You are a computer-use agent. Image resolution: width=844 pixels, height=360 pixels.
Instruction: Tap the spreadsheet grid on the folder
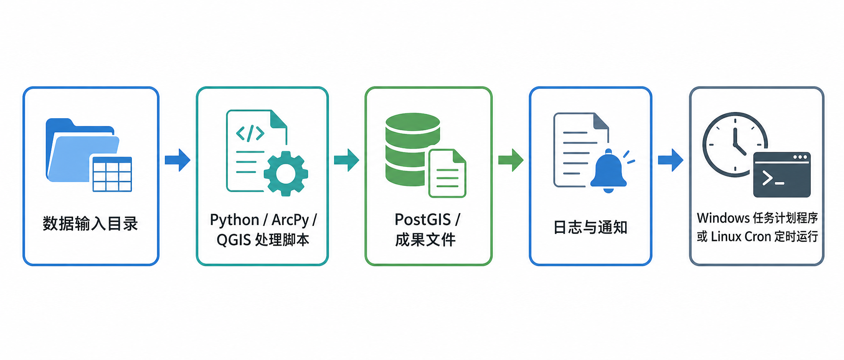(112, 174)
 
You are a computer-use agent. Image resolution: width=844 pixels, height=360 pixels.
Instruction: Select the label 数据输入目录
(91, 224)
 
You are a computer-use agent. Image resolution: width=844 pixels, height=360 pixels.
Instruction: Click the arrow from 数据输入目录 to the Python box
(178, 160)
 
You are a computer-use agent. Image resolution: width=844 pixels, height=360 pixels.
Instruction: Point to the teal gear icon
(286, 174)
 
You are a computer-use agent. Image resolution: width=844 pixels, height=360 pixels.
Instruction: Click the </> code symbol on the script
(250, 133)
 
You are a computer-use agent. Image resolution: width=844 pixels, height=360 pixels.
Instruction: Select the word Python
(234, 220)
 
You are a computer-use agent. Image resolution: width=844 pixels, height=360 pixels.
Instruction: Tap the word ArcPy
(291, 220)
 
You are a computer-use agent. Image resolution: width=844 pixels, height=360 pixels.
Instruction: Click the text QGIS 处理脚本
(263, 240)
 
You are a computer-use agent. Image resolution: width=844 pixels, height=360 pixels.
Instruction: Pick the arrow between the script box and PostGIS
(347, 160)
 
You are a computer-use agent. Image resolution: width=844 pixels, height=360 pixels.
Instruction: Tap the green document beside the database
(447, 173)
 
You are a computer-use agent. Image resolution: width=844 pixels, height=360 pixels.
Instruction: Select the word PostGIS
(423, 219)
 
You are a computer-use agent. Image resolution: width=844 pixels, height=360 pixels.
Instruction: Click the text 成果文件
(426, 240)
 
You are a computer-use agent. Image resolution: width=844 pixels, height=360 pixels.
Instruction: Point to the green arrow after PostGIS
(511, 160)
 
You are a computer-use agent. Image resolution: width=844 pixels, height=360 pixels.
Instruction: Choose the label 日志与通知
(590, 227)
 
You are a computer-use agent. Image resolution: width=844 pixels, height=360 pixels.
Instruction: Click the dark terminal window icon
(782, 175)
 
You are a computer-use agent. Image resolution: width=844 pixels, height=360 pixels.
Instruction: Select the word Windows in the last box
(723, 218)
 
